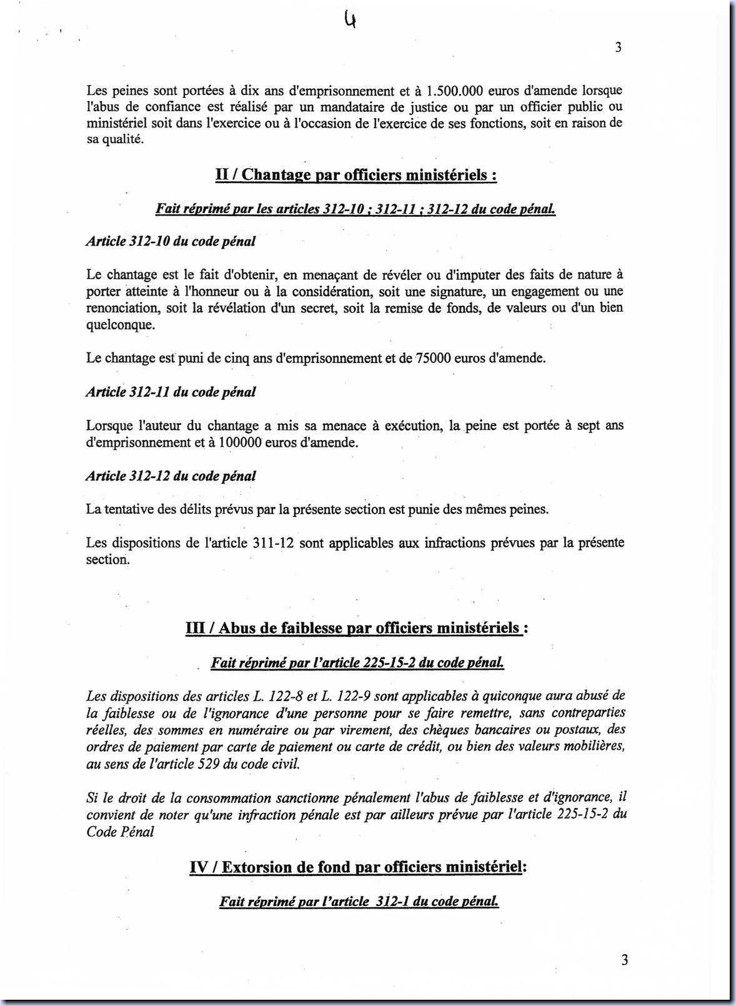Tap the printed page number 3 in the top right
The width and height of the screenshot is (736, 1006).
[x=618, y=47]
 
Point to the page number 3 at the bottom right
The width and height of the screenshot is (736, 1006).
[x=624, y=960]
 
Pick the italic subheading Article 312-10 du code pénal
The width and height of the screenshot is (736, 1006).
[x=171, y=241]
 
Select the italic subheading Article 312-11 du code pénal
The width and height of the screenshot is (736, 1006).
[x=171, y=392]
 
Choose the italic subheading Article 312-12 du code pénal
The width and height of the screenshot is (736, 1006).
[x=171, y=476]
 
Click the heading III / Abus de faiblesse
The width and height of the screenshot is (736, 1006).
[x=357, y=628]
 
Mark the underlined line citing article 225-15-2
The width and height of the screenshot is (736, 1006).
[x=357, y=662]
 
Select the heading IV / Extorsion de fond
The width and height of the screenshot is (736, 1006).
[x=358, y=867]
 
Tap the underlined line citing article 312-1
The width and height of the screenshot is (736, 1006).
[x=359, y=901]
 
